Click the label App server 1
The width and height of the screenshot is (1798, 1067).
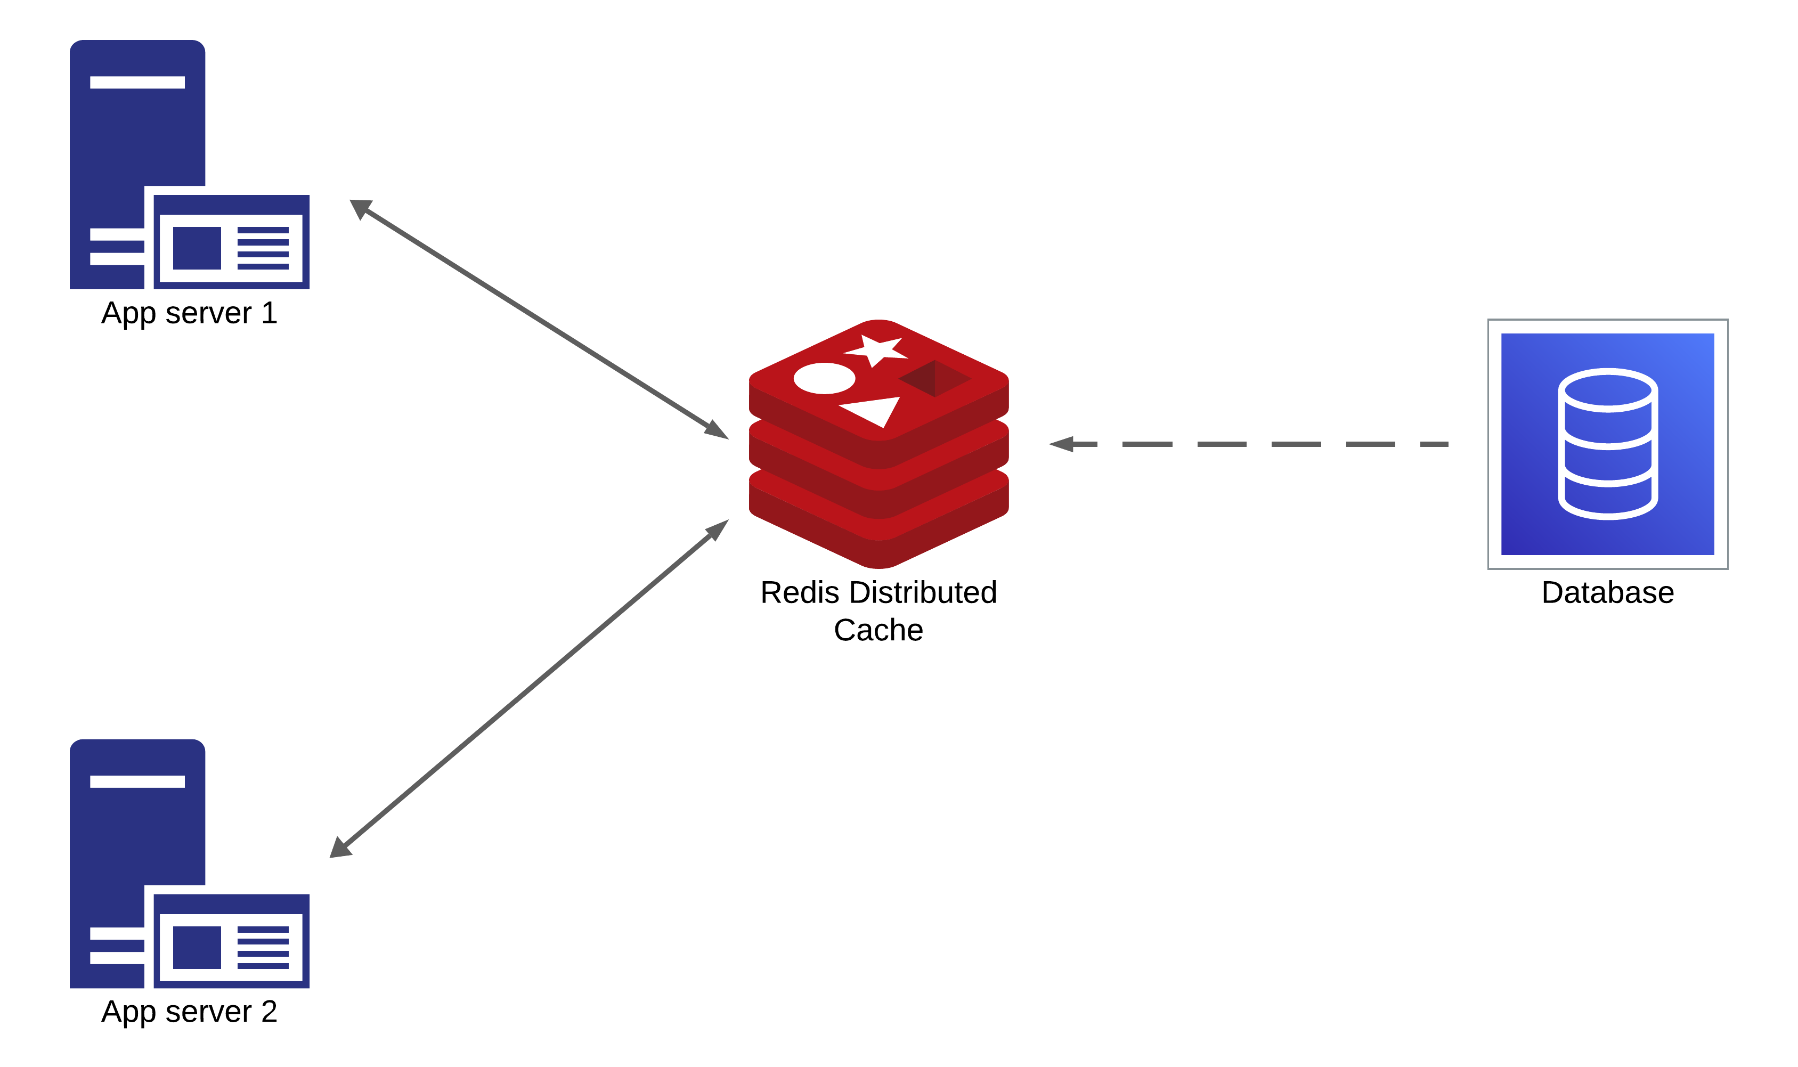point(189,313)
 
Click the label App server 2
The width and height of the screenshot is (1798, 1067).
point(189,1012)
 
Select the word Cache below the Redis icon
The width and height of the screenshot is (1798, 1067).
point(878,631)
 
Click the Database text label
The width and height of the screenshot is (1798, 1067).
point(1607,593)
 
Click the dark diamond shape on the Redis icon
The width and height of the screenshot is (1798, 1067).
point(934,378)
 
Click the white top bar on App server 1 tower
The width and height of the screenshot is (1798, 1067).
point(137,83)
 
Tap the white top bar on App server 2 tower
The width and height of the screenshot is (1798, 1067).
point(137,781)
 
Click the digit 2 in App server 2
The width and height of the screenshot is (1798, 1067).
point(269,1012)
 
